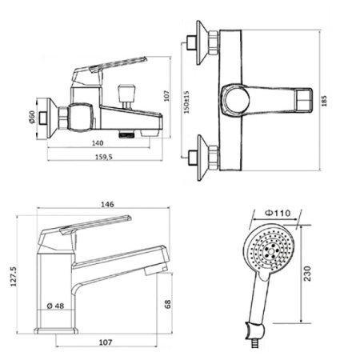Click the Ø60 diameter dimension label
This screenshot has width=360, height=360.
[32, 117]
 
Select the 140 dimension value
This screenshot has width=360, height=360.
[98, 143]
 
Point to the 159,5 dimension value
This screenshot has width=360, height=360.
[104, 157]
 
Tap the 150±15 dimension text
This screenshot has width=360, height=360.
[186, 102]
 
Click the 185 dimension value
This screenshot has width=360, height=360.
[324, 101]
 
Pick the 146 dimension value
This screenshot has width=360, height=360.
[107, 205]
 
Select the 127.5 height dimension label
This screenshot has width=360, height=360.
[14, 277]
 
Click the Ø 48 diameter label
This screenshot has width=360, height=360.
[55, 306]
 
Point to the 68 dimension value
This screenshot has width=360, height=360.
[167, 304]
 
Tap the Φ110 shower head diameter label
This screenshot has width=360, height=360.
[278, 213]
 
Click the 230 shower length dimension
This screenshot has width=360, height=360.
[307, 273]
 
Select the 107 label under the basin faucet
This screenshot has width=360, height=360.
[106, 342]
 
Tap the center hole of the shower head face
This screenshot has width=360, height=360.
[271, 251]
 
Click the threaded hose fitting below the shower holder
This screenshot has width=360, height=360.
[253, 343]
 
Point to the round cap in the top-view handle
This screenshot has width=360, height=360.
[237, 100]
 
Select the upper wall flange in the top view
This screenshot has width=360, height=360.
[202, 42]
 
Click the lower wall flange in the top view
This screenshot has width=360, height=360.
[202, 158]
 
